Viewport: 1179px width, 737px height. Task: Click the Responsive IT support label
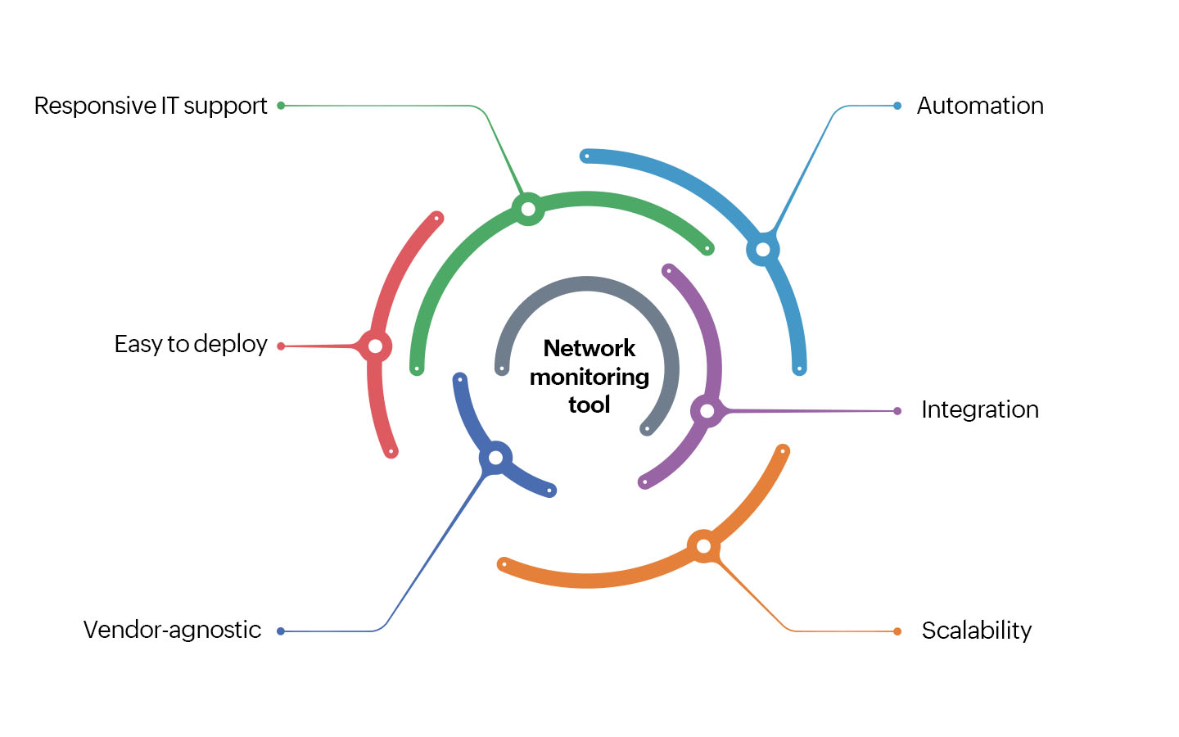(151, 106)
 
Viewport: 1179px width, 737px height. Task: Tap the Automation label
(980, 106)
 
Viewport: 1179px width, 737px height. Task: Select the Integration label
(980, 409)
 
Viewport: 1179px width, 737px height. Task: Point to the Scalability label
(976, 631)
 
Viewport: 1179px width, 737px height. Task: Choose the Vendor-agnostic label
(172, 630)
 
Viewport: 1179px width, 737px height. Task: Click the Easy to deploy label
(191, 344)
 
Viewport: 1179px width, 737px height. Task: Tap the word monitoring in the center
(589, 377)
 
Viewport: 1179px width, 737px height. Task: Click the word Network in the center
(589, 348)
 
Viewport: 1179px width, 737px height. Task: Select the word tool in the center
(589, 405)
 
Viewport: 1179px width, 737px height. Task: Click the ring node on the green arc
(528, 209)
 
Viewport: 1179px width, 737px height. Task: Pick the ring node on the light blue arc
(763, 249)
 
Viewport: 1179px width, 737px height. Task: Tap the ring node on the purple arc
(707, 410)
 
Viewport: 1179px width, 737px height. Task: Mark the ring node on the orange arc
(703, 545)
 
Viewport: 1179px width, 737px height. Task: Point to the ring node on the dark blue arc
(495, 457)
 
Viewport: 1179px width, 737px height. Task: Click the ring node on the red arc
(375, 346)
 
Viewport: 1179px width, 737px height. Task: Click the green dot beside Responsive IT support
(281, 106)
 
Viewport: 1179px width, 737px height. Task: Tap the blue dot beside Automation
(897, 106)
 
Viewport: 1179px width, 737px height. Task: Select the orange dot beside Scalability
(897, 631)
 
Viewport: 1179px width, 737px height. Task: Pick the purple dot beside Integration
(897, 411)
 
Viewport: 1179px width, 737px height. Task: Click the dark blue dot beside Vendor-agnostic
(281, 631)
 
